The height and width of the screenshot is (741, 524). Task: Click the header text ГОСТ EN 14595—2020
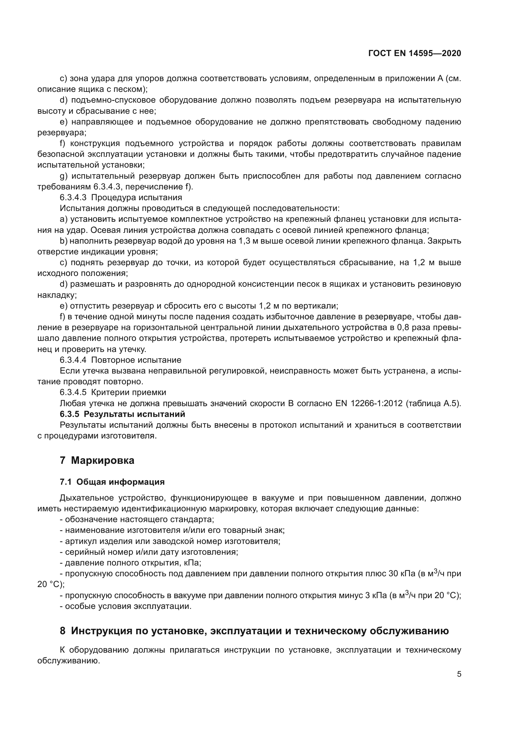pyautogui.click(x=414, y=54)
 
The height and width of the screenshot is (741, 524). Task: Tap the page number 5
pyautogui.click(x=459, y=674)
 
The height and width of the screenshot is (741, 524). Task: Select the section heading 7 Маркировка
pyautogui.click(x=97, y=461)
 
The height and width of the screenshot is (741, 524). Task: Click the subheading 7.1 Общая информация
pyautogui.click(x=112, y=482)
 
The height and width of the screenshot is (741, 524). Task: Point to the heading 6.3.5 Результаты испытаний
pyautogui.click(x=122, y=414)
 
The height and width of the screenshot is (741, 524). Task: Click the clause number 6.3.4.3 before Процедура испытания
pyautogui.click(x=73, y=197)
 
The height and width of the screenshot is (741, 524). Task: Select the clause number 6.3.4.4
pyautogui.click(x=73, y=360)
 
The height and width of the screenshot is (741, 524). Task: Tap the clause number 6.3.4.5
pyautogui.click(x=73, y=393)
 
